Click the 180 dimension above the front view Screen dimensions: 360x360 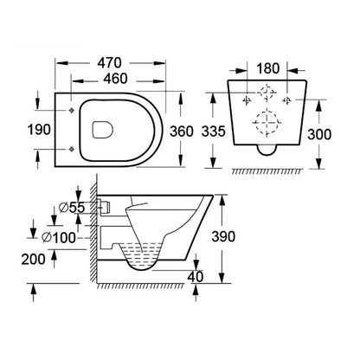pyautogui.click(x=269, y=67)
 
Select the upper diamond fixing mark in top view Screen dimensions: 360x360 pyautogui.click(x=70, y=112)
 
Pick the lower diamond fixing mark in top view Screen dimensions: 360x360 pyautogui.click(x=70, y=149)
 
